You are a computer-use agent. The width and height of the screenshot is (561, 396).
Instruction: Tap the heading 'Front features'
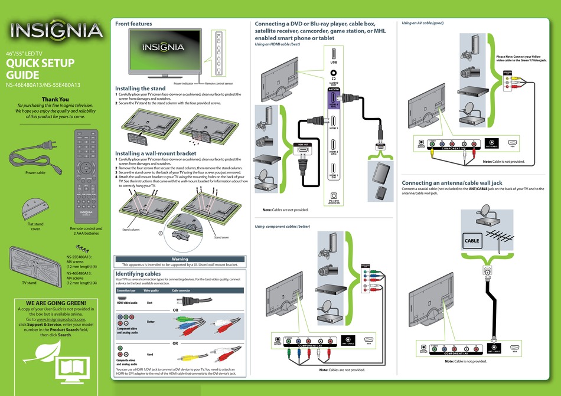pyautogui.click(x=133, y=24)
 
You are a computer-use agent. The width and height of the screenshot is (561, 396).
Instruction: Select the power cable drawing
pyautogui.click(x=34, y=159)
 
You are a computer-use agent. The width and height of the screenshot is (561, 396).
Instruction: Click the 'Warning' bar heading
pyautogui.click(x=180, y=259)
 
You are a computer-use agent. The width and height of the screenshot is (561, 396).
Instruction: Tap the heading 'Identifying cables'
pyautogui.click(x=138, y=274)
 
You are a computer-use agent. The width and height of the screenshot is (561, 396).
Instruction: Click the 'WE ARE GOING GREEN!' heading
pyautogui.click(x=52, y=303)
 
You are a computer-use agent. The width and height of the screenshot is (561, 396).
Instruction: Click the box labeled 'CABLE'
pyautogui.click(x=472, y=241)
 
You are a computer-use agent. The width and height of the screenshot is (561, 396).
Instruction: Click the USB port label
pyautogui.click(x=334, y=62)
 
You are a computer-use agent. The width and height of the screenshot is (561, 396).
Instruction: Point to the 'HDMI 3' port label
pyautogui.click(x=333, y=128)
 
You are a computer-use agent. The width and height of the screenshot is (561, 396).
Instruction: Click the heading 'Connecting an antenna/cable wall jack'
pyautogui.click(x=452, y=183)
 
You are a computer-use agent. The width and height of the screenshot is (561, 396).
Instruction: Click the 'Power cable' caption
pyautogui.click(x=35, y=173)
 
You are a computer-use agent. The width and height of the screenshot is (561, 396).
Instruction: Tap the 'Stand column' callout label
pyautogui.click(x=131, y=230)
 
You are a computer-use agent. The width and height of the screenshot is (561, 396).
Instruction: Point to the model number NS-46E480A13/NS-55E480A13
pyautogui.click(x=43, y=84)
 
